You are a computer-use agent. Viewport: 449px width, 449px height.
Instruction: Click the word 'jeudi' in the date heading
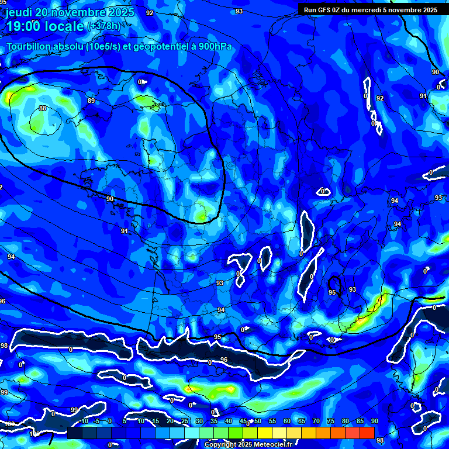19,12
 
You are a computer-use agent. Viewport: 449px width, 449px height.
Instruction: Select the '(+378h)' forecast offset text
103,26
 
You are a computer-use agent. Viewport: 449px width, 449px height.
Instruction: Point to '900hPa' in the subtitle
215,46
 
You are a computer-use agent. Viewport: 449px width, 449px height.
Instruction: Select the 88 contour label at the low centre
43,108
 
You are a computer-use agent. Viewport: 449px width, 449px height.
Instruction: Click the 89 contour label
91,101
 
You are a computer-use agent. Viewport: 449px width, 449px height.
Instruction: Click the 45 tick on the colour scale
243,421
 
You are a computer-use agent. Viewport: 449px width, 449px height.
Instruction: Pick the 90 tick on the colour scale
374,421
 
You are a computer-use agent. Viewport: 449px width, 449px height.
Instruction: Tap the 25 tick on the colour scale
185,421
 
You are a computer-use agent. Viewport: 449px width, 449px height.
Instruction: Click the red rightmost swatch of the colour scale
367,433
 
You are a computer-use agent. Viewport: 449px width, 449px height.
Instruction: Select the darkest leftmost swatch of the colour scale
75,433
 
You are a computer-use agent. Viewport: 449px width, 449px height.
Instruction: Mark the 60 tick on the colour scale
287,421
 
